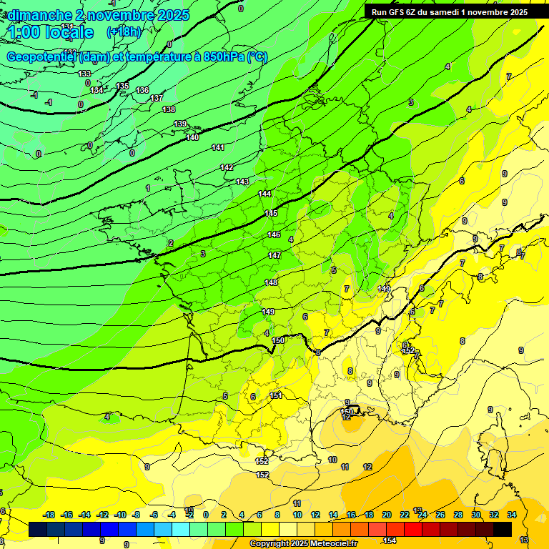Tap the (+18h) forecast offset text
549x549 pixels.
pos(124,31)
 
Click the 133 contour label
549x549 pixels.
pos(84,74)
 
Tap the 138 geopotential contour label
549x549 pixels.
pos(169,109)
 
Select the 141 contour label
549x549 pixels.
pos(218,147)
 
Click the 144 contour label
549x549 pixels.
pos(264,194)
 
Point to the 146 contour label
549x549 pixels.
pos(274,234)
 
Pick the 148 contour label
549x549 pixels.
pos(271,282)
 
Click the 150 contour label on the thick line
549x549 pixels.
pos(278,340)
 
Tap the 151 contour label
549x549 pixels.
pos(276,395)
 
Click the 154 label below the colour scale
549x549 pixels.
pos(390,540)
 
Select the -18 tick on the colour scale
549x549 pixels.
pos(49,515)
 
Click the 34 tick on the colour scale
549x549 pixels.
pos(512,515)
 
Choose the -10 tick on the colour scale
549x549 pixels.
pos(121,515)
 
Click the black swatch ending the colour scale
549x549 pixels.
pos(503,529)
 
